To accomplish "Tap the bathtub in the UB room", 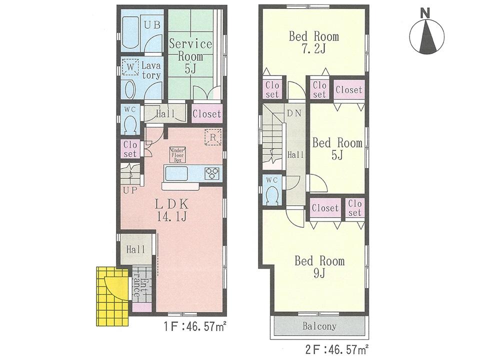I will pyautogui.click(x=131, y=32).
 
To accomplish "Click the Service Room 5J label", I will pyautogui.click(x=190, y=56).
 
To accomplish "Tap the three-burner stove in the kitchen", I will pyautogui.click(x=212, y=173).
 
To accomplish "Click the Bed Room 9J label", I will pyautogui.click(x=319, y=267).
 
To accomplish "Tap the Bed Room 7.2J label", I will pyautogui.click(x=313, y=43).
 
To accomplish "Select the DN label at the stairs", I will pyautogui.click(x=293, y=113).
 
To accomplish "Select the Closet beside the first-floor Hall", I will pyautogui.click(x=206, y=114).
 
